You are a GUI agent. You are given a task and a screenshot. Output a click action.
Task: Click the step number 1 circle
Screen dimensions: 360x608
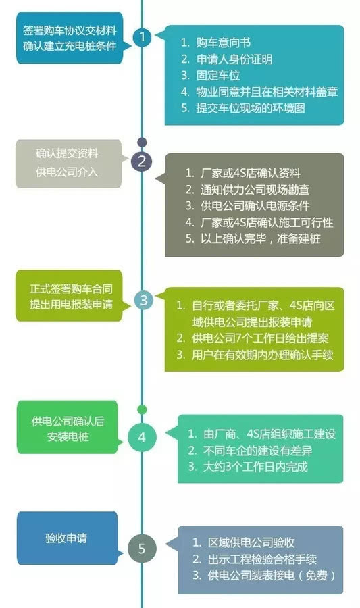pos(143,37)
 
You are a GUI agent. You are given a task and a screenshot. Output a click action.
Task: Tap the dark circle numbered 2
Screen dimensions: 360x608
pos(141,161)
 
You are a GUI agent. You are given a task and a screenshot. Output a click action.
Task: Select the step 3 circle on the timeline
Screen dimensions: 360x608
pos(143,300)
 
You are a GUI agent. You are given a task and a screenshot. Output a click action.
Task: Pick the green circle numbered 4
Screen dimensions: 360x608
pos(142,437)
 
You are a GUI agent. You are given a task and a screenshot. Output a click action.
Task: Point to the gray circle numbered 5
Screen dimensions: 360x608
pos(142,549)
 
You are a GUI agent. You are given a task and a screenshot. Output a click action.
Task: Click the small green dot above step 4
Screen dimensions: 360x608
pos(143,409)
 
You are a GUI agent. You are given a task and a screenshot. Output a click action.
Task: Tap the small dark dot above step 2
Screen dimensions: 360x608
pos(143,143)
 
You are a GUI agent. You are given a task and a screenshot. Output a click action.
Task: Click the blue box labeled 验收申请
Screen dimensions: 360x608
pos(67,538)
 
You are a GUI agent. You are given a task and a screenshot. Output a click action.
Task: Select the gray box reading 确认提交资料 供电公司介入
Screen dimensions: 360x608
pos(69,163)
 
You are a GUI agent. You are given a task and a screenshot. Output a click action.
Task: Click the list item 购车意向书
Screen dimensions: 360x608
pos(216,43)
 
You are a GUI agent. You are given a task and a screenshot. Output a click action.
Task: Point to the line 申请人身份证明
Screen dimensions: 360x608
pos(226,59)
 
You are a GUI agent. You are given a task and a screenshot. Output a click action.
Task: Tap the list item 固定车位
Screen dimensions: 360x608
pos(211,75)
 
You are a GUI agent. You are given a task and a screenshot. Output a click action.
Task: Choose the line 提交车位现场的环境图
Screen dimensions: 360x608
pos(243,108)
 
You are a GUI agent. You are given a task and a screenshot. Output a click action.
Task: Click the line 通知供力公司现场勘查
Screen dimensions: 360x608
pos(247,190)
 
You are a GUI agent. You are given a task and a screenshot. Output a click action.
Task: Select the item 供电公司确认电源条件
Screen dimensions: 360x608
pos(247,206)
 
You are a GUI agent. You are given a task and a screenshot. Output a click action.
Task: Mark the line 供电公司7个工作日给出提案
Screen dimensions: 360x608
pos(253,338)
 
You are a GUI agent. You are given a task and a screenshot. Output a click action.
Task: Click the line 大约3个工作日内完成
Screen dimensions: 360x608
pos(248,466)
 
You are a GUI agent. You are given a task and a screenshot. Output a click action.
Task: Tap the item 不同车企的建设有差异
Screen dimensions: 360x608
pos(251,450)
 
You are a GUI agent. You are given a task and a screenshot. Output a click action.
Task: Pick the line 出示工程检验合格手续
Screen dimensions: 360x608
pos(255,559)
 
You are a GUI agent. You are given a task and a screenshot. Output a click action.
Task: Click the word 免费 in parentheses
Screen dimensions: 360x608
pos(316,575)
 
